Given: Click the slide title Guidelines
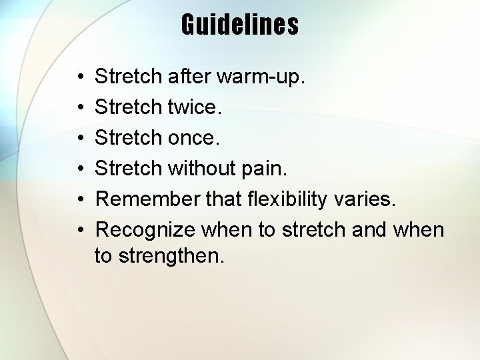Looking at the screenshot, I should point(240,25).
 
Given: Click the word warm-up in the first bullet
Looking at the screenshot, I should point(261,77).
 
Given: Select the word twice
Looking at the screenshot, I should point(195,107).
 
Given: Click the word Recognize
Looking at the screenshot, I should point(145,230).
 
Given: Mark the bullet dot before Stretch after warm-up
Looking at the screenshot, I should point(79,77).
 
